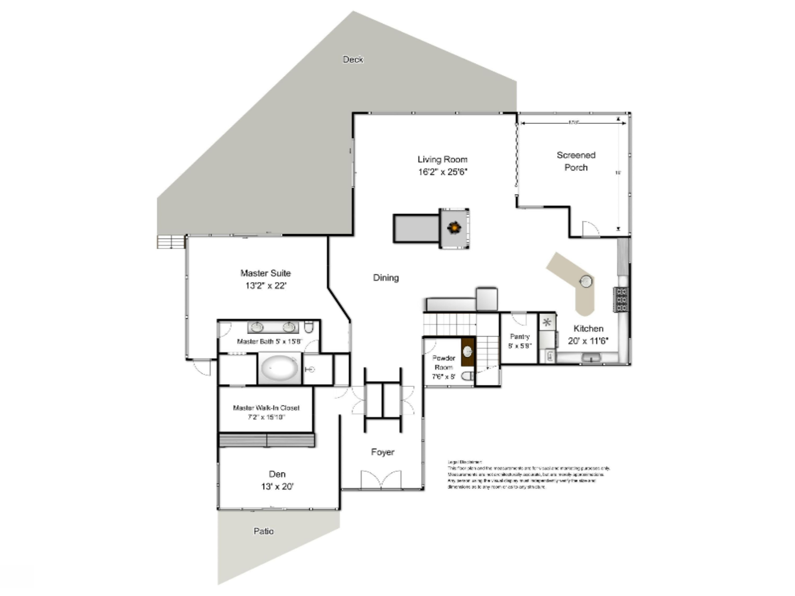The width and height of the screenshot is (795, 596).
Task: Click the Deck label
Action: click(x=352, y=60)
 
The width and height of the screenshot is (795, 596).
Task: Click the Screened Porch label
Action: click(x=576, y=161)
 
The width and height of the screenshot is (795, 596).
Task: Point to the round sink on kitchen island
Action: click(x=586, y=281)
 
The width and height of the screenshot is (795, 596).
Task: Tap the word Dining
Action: click(x=386, y=278)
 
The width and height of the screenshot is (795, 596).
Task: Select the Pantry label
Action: click(x=520, y=337)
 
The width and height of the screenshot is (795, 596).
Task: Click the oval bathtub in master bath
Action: click(x=280, y=368)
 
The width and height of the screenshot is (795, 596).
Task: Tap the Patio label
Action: click(x=263, y=531)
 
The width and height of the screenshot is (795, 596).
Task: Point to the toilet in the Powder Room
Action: click(x=467, y=376)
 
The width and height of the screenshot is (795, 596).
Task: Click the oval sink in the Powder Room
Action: click(x=467, y=352)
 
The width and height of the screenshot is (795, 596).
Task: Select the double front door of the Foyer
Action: click(x=381, y=480)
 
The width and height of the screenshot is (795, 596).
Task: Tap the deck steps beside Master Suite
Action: click(x=171, y=242)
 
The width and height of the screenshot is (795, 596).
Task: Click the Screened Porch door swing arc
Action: click(x=590, y=229)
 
